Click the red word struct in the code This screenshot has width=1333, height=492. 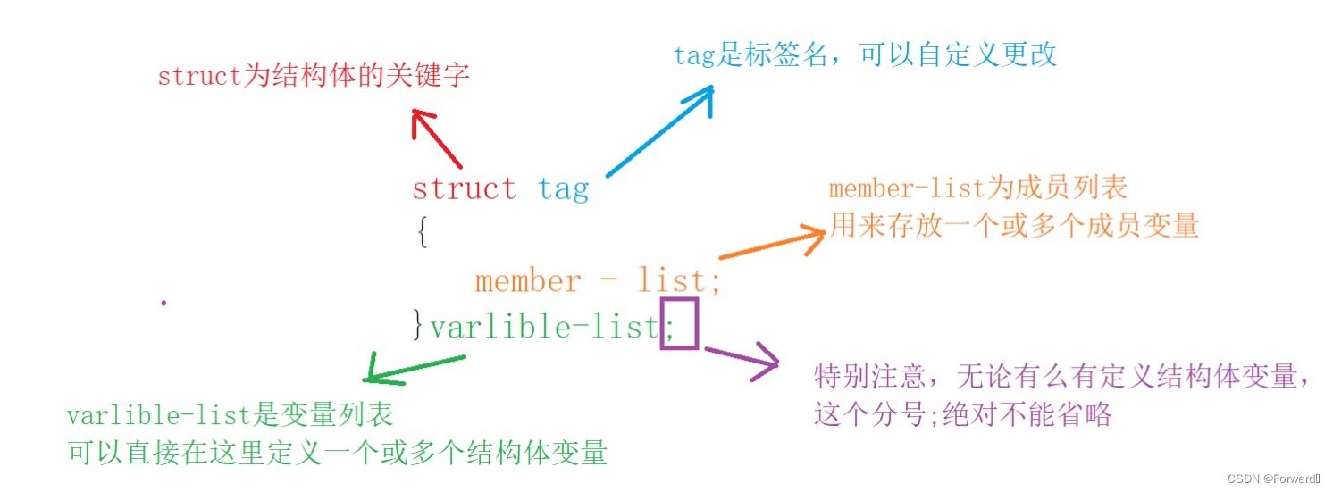click(464, 189)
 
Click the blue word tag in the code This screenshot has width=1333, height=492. click(563, 189)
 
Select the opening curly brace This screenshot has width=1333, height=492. click(422, 233)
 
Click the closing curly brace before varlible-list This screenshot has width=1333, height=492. click(418, 326)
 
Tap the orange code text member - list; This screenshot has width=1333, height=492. click(597, 281)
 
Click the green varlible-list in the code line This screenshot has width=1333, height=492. click(544, 327)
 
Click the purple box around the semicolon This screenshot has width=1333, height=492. click(678, 324)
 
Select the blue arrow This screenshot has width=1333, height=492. click(661, 130)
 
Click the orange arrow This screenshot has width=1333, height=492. click(772, 245)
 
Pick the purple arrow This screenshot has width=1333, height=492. click(742, 360)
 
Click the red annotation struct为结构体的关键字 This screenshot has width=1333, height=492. click(314, 76)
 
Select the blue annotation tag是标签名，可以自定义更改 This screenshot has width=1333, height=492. click(865, 54)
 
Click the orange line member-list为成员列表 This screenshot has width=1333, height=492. click(978, 188)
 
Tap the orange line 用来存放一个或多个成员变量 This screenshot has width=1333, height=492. click(1014, 225)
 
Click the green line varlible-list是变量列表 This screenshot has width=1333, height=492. click(230, 415)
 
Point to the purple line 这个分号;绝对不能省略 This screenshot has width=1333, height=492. click(962, 415)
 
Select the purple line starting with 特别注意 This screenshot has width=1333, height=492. click(1062, 377)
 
